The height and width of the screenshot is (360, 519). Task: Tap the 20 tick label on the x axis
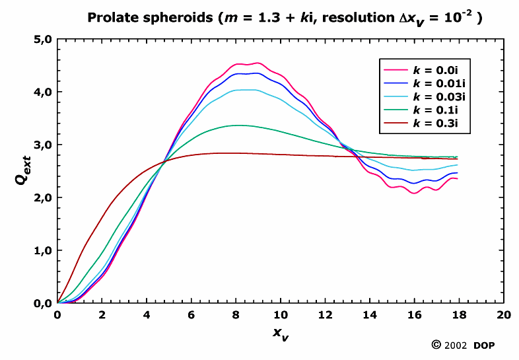[504, 315]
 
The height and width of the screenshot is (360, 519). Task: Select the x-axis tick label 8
[236, 315]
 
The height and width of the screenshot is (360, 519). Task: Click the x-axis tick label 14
[370, 315]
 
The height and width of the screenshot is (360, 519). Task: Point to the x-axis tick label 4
[147, 315]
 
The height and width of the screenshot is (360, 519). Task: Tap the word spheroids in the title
[169, 18]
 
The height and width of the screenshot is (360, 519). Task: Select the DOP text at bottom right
[486, 345]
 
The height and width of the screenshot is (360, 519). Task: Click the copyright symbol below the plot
[436, 345]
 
